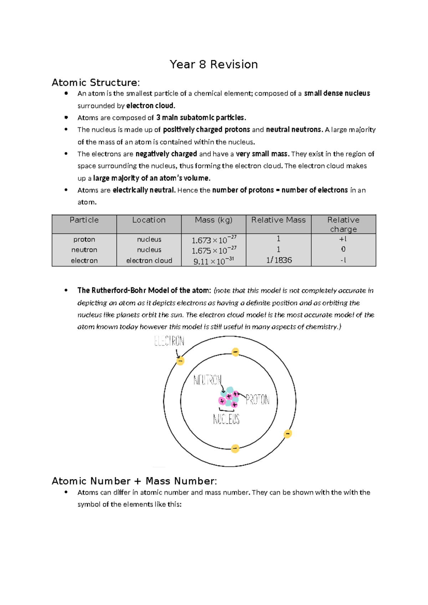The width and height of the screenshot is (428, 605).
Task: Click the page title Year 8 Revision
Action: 214,65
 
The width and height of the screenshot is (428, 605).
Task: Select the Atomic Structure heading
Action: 96,83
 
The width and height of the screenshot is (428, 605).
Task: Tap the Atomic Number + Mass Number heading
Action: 134,481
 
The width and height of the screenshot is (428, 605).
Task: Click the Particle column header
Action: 84,220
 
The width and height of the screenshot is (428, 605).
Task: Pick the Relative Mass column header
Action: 278,220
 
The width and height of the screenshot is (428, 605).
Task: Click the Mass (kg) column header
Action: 213,220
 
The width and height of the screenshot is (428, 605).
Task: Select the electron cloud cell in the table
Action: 149,261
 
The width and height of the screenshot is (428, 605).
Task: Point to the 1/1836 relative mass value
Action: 279,260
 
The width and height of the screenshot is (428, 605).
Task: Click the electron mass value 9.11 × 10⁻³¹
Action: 213,261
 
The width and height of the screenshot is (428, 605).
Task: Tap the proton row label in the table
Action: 84,239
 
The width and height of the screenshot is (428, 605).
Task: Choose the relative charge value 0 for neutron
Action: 343,249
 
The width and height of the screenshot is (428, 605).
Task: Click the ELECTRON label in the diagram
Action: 169,341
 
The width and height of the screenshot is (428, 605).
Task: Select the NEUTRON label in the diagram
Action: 207,380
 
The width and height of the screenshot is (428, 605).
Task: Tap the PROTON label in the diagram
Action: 258,400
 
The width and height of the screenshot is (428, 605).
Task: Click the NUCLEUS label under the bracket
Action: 226,419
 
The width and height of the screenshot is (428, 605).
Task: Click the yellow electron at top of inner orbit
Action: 235,352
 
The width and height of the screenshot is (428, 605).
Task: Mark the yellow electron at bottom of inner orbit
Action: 235,448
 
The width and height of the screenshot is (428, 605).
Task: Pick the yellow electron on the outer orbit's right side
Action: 287,434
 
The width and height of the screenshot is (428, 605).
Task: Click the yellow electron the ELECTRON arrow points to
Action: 180,361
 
